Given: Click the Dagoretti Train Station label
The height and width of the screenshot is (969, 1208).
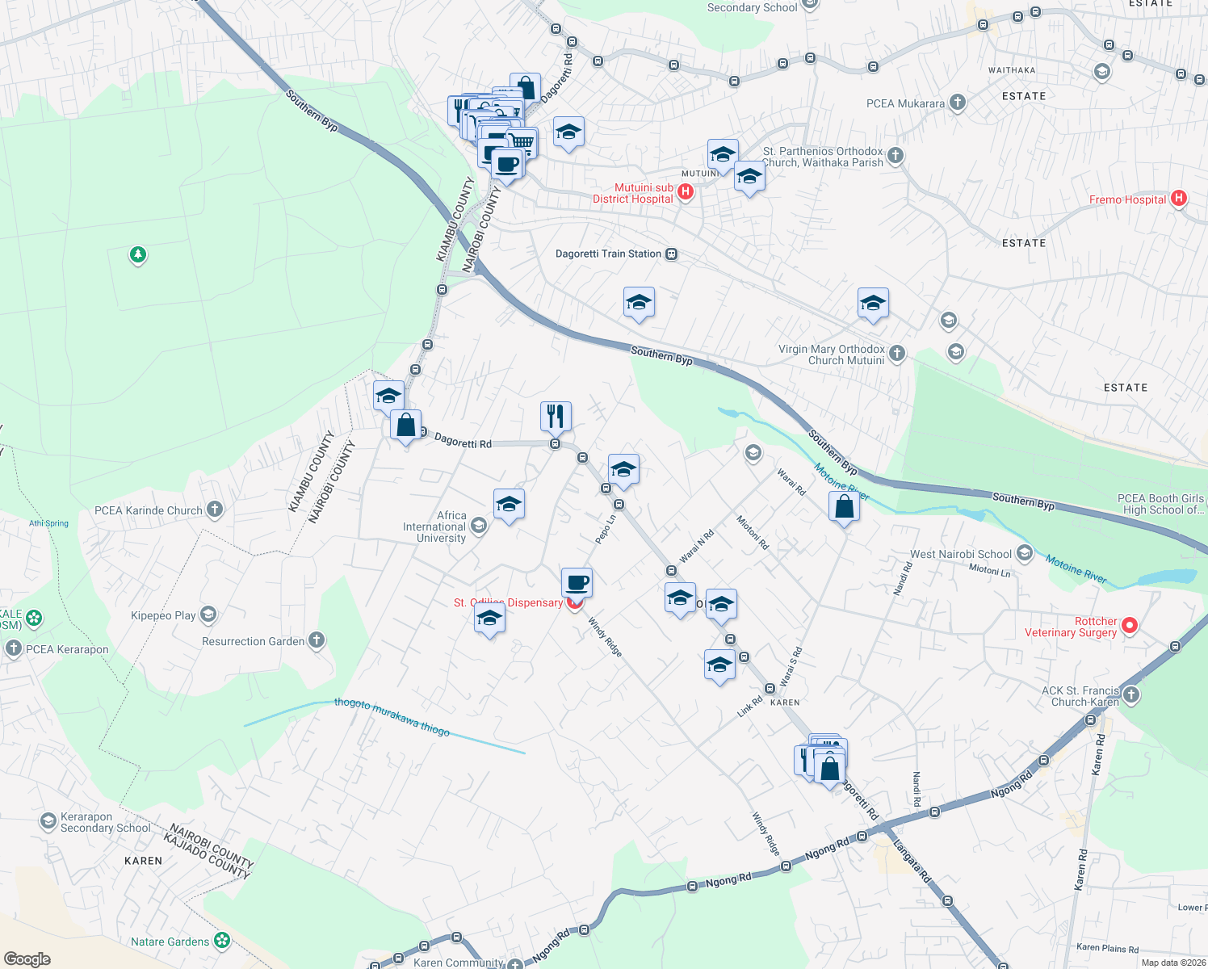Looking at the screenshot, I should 608,254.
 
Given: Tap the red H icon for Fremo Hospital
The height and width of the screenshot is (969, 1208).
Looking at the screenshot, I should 1178,198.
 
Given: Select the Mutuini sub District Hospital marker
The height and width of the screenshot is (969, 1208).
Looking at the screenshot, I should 686,191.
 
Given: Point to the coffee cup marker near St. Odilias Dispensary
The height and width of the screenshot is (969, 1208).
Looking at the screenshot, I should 577,582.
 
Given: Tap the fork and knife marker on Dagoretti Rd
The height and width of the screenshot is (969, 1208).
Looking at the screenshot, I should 556,416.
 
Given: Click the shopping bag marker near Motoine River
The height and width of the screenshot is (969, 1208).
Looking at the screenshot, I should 844,507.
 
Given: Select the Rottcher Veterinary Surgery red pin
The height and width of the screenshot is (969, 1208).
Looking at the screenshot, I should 1130,625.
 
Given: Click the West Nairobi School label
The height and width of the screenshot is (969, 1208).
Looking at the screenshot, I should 960,554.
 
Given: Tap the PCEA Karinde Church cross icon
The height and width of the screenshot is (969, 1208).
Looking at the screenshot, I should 214,509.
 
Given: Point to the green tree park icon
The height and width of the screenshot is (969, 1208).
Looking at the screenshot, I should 138,255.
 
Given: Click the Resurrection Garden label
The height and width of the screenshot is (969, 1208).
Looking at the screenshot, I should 253,641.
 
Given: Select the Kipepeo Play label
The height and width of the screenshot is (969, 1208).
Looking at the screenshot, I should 163,615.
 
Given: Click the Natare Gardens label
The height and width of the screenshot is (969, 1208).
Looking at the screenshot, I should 170,942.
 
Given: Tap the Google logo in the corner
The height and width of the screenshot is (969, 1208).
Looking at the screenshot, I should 27,959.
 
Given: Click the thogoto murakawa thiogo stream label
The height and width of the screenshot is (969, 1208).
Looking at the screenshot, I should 392,716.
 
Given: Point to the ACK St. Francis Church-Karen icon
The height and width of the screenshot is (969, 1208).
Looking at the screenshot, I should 1131,694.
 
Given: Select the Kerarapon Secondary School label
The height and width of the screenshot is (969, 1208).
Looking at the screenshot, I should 105,822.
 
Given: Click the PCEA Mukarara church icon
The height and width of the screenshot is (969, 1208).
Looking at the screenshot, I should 957,103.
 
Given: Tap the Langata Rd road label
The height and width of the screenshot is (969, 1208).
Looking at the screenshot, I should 912,862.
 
